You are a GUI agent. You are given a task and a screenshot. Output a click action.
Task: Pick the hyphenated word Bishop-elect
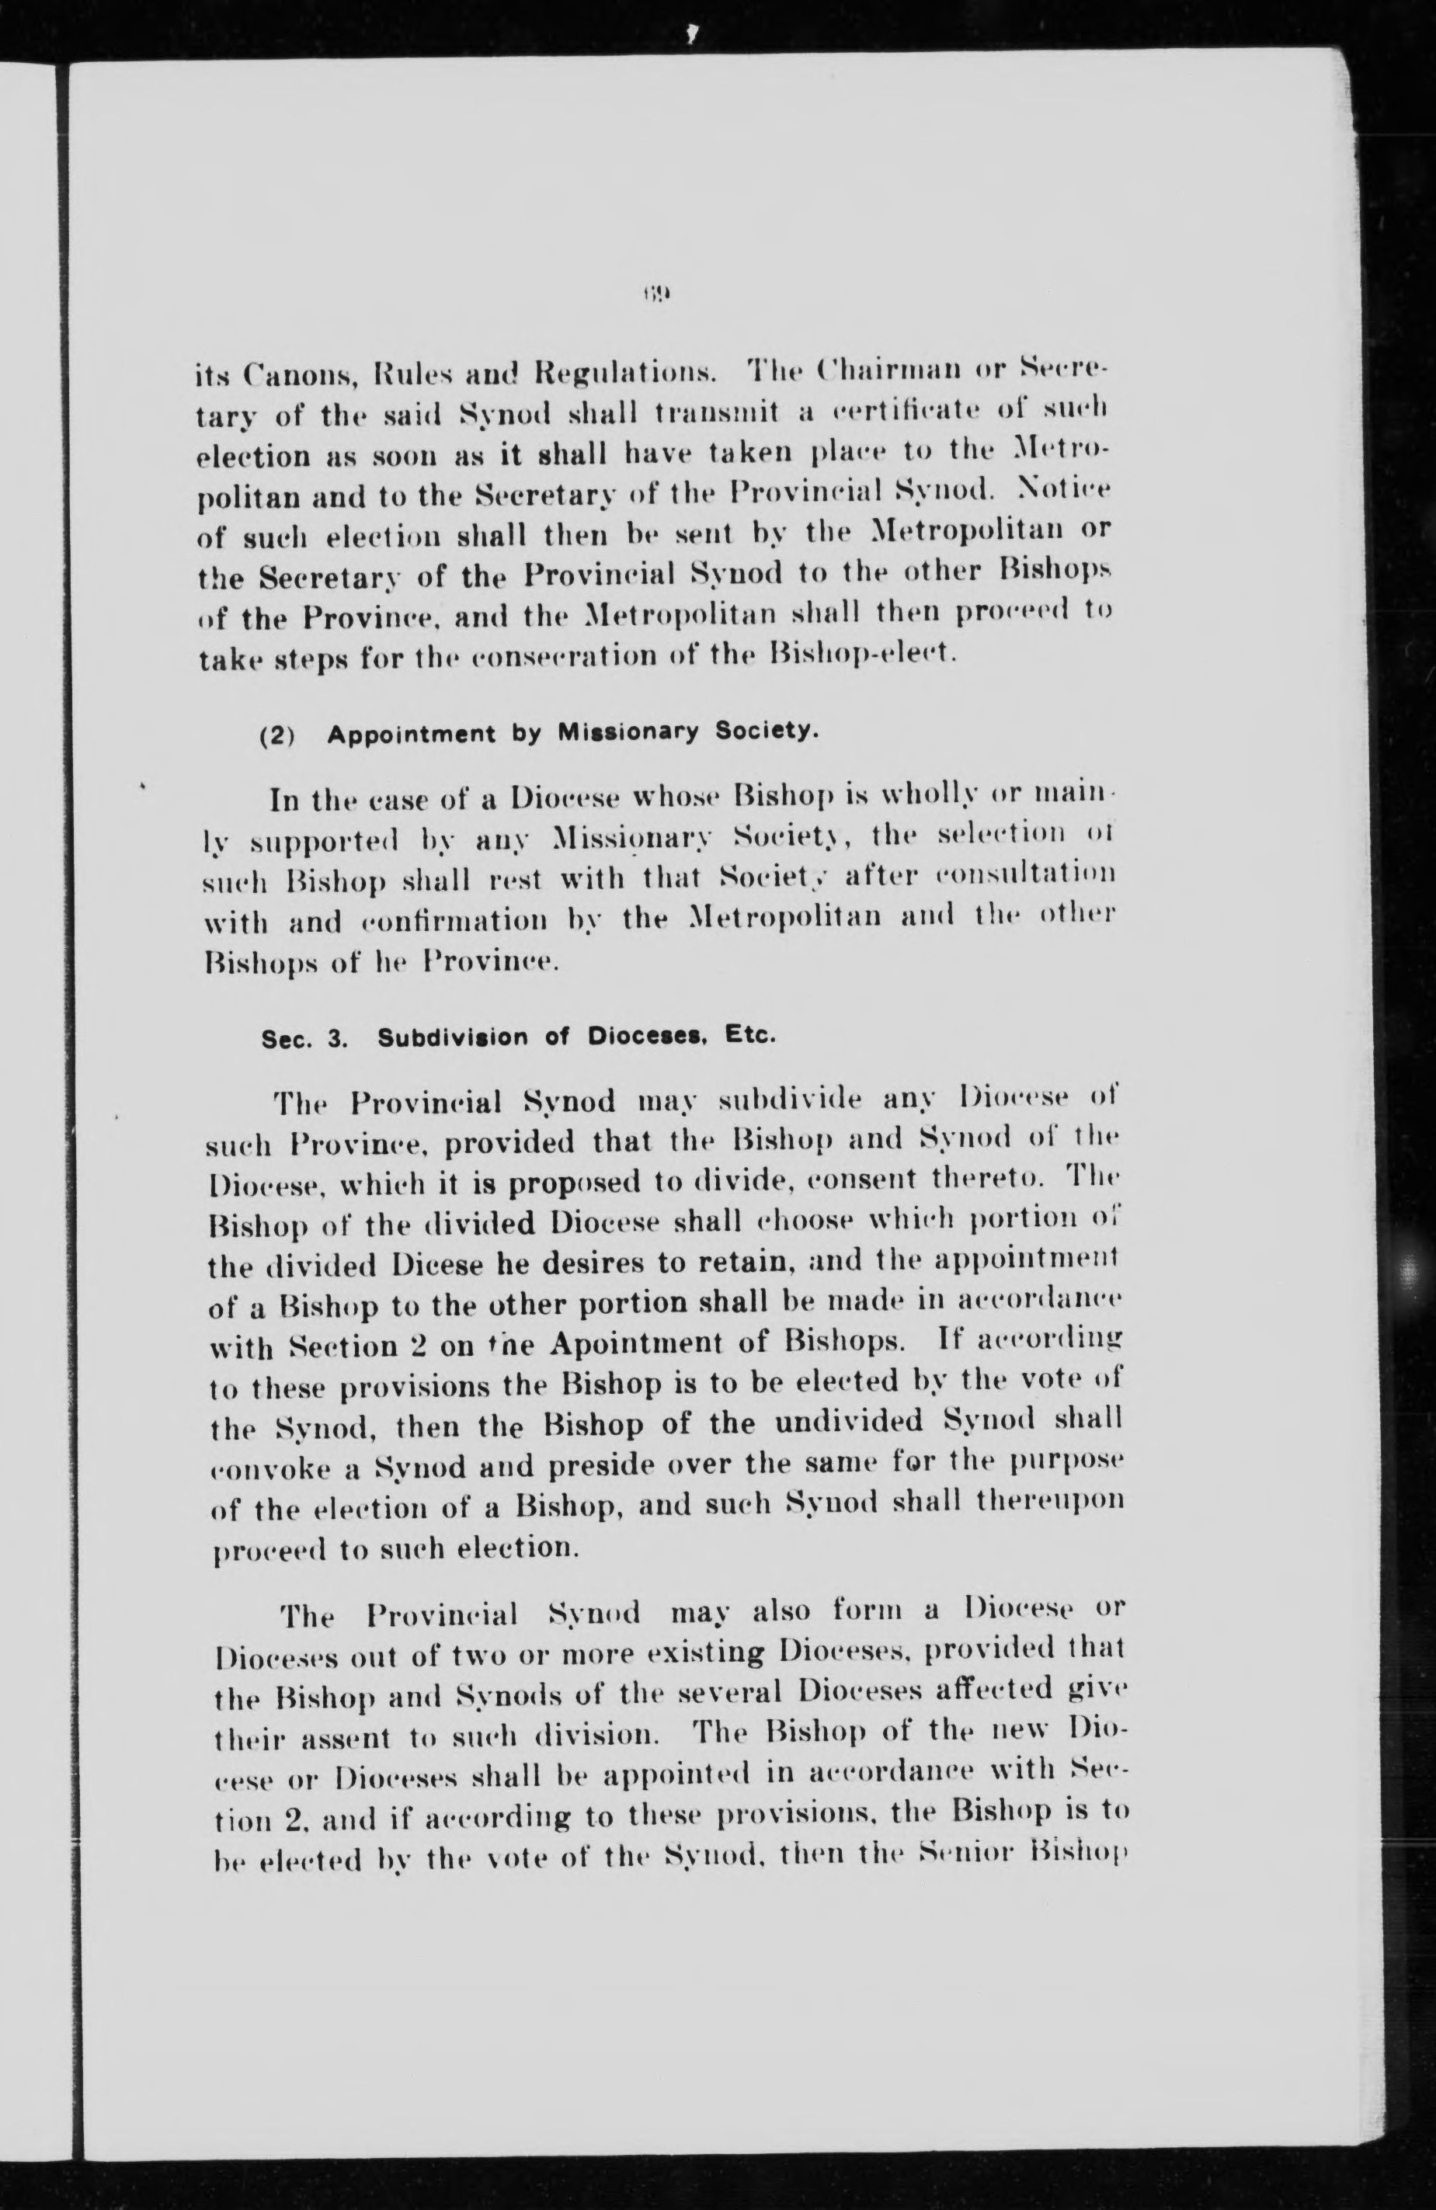click(x=858, y=655)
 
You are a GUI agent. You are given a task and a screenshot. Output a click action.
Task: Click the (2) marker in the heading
click(x=276, y=735)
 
